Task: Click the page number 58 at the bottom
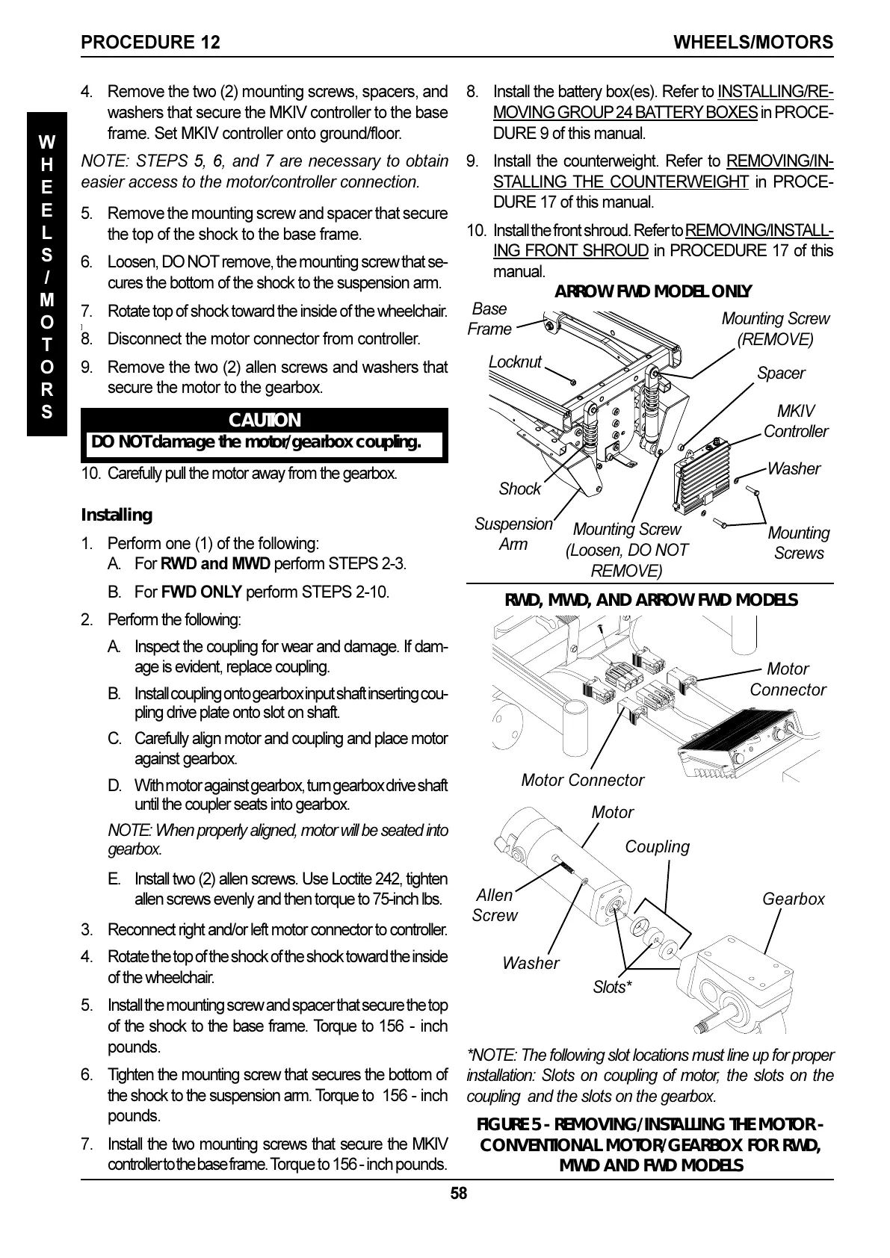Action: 458,1194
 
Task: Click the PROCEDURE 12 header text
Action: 150,43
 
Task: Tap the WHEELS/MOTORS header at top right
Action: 753,43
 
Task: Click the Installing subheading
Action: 116,515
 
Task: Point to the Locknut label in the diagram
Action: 515,362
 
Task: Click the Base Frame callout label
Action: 489,319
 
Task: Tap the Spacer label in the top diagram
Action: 781,373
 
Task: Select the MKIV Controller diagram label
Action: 796,421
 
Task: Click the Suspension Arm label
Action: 513,534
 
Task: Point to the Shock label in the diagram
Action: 519,489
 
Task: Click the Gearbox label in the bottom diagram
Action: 793,899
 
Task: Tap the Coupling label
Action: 657,846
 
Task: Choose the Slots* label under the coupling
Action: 612,987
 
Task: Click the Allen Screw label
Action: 494,905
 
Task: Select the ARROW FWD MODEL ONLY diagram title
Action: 652,291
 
